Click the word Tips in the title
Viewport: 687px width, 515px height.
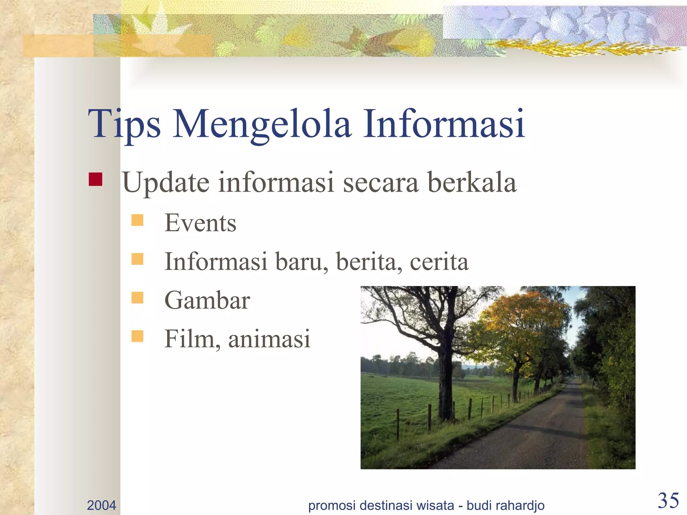(124, 124)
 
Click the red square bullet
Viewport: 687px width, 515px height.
(96, 179)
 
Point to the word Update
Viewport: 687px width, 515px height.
(166, 183)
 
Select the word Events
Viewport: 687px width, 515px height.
(200, 223)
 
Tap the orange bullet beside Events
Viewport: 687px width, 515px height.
(137, 220)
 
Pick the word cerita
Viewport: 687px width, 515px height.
(439, 262)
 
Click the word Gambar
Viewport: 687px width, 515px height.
(207, 300)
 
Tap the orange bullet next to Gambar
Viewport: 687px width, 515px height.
(137, 297)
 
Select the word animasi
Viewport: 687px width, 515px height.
(269, 339)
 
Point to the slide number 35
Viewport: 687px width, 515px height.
(668, 501)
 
